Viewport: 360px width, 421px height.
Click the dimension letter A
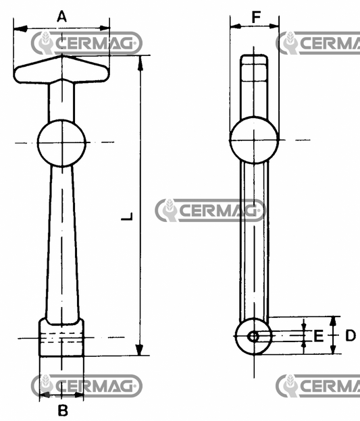tap(61, 16)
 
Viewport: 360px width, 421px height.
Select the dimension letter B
tap(61, 410)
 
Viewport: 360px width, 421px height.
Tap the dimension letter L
tap(126, 217)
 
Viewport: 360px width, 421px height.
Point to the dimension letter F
tap(255, 16)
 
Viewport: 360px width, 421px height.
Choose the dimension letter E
tap(318, 335)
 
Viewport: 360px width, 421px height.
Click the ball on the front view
tap(62, 142)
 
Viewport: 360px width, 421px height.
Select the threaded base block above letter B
tap(61, 337)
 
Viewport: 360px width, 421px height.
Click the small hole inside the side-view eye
tap(253, 336)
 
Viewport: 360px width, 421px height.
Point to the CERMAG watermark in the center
tap(210, 210)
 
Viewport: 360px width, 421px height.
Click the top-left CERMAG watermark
tap(86, 44)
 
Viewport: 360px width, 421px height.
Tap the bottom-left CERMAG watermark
tap(86, 385)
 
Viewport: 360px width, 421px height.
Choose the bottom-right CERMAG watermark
tap(319, 385)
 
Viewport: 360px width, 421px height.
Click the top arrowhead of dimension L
tap(140, 62)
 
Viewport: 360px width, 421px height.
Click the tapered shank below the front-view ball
tap(61, 243)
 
